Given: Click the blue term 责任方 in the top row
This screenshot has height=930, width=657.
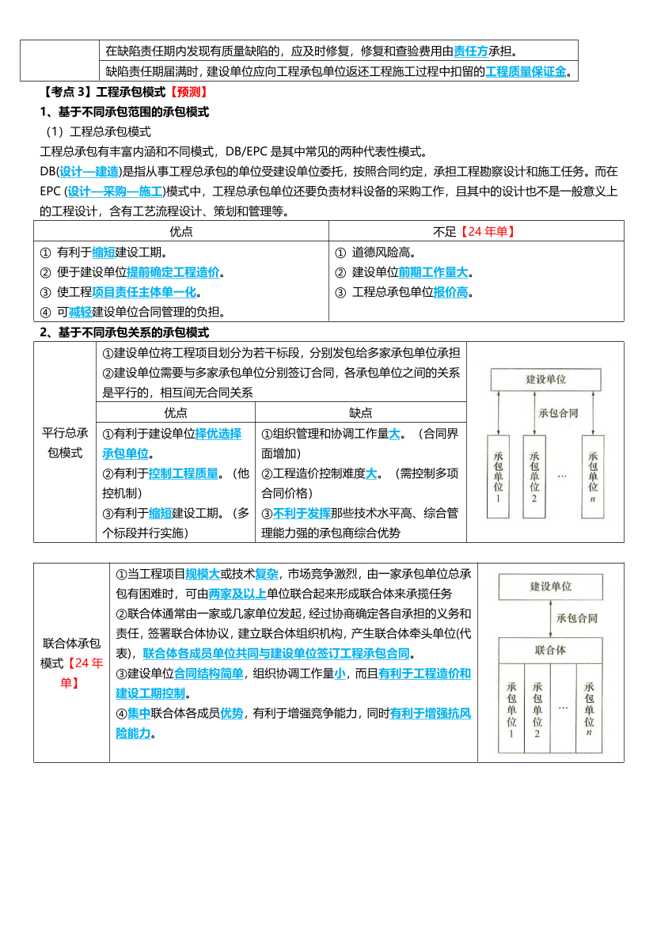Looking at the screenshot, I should pyautogui.click(x=471, y=51).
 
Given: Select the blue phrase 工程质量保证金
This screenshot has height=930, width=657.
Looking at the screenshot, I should pyautogui.click(x=526, y=72).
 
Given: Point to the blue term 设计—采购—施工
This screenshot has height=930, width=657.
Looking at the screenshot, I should pyautogui.click(x=116, y=191).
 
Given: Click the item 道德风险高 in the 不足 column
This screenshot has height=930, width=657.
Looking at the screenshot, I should pyautogui.click(x=385, y=252).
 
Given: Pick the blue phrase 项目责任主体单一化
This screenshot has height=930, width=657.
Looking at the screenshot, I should pyautogui.click(x=144, y=292).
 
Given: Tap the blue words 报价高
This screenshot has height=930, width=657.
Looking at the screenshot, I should pyautogui.click(x=450, y=292).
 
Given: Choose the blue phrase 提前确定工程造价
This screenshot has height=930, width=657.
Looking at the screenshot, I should pyautogui.click(x=173, y=272).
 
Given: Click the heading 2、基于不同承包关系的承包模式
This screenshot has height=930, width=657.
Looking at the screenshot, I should pyautogui.click(x=124, y=332).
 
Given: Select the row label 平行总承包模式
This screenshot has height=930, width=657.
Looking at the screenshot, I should pyautogui.click(x=65, y=442).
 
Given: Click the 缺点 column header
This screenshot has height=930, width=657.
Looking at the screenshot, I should pyautogui.click(x=360, y=412).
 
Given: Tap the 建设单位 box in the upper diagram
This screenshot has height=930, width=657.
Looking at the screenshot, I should pyautogui.click(x=546, y=379).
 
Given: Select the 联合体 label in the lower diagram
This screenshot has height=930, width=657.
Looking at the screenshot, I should pyautogui.click(x=550, y=650).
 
